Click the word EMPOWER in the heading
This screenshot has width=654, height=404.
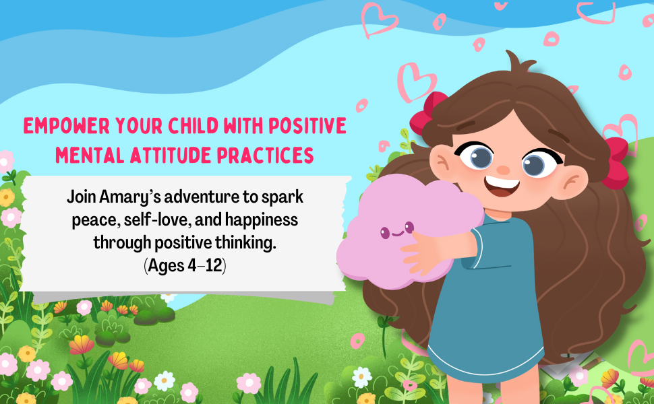tap(66, 126)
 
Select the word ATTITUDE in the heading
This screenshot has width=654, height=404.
tap(171, 156)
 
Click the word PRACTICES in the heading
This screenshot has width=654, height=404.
tap(265, 156)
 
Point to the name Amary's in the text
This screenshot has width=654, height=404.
tap(130, 197)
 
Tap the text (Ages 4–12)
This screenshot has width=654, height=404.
tap(185, 265)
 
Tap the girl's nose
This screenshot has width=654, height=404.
tap(503, 170)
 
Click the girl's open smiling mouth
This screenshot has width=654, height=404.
tap(502, 187)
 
